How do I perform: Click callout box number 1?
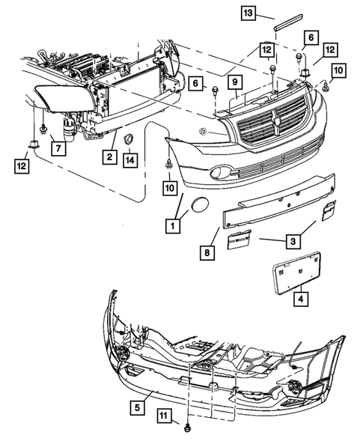(174, 224)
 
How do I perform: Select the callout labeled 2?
(109, 156)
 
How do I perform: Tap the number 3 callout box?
(293, 241)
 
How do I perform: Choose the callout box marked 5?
(137, 408)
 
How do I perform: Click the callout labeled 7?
(56, 147)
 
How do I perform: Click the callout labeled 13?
(248, 13)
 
